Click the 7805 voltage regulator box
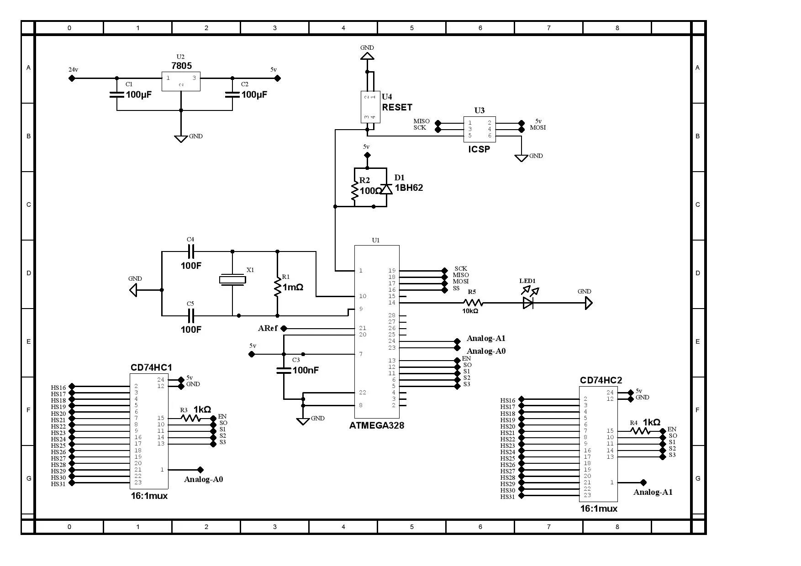click(181, 82)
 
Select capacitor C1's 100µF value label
click(139, 95)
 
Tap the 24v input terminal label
click(73, 70)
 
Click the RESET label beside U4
click(397, 107)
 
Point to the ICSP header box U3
click(480, 129)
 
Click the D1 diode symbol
click(387, 189)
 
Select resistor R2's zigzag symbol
click(354, 191)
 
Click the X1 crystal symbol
click(232, 279)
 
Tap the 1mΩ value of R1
click(293, 288)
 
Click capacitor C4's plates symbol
click(191, 251)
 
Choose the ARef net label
click(268, 329)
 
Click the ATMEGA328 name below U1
click(376, 426)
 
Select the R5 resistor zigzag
click(473, 303)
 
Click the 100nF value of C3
click(306, 370)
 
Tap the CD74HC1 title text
click(151, 367)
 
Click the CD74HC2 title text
click(601, 380)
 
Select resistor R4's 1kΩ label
click(651, 422)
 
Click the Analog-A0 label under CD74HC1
click(203, 479)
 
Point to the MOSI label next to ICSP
click(538, 128)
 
